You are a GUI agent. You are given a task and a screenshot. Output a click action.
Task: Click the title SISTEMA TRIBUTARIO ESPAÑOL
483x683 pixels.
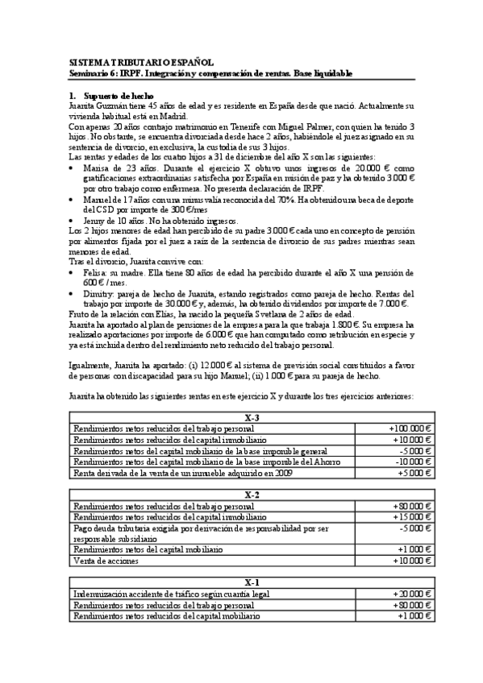(140, 61)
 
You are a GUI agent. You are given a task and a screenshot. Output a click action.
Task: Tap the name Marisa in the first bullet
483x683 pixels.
(96, 168)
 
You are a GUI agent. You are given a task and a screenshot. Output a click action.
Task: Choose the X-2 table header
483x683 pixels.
(252, 495)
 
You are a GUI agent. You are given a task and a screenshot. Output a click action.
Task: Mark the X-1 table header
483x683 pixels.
(252, 582)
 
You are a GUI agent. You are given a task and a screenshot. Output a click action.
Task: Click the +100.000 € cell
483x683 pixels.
(412, 429)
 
